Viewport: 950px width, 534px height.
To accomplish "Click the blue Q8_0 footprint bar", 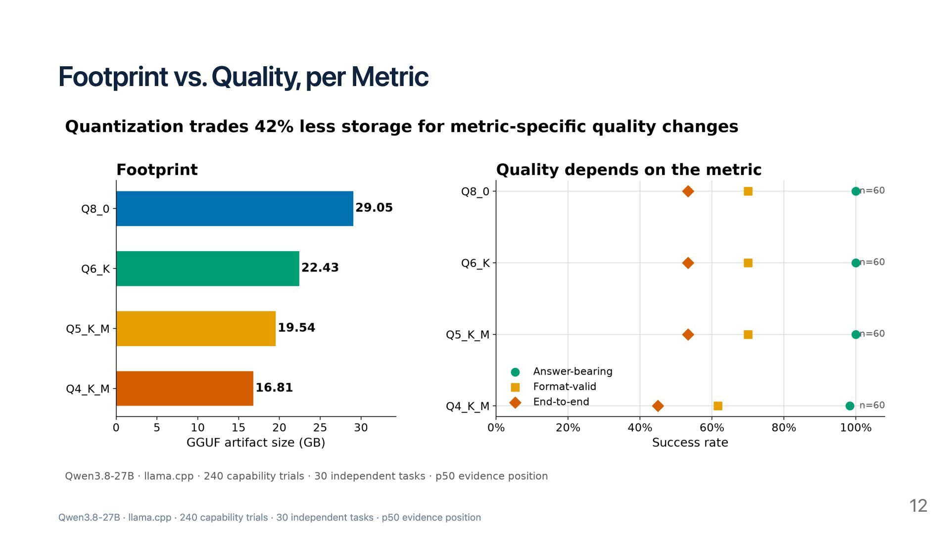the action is (x=235, y=209).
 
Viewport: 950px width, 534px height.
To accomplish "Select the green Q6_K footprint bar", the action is (x=208, y=268).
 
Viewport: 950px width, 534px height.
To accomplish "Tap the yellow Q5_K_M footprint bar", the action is (x=196, y=328).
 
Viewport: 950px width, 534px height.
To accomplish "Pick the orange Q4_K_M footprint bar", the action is (x=185, y=389).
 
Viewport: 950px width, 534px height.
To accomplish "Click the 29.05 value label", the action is (x=374, y=208).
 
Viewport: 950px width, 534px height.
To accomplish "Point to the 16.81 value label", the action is (x=274, y=388).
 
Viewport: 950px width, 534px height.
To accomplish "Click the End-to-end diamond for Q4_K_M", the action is (x=658, y=406).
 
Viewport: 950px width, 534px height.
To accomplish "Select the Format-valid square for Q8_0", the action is (x=748, y=191).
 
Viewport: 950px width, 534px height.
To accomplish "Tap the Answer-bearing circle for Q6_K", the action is (x=856, y=263).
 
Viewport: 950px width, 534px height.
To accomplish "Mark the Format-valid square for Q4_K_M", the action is (x=718, y=406).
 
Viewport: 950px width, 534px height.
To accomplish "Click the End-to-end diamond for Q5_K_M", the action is (x=688, y=335).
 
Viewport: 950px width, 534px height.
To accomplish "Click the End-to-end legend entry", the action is (x=549, y=402).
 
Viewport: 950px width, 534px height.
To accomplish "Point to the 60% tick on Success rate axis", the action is (x=712, y=428).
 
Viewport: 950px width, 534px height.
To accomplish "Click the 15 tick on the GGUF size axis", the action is (x=238, y=428).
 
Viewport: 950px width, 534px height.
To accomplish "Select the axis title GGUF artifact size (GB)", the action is (x=256, y=443).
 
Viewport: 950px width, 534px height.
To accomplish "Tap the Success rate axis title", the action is (x=690, y=443).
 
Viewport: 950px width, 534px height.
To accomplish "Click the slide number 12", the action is (x=918, y=506).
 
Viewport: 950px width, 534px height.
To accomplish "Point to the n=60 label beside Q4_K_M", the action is (x=872, y=405).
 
